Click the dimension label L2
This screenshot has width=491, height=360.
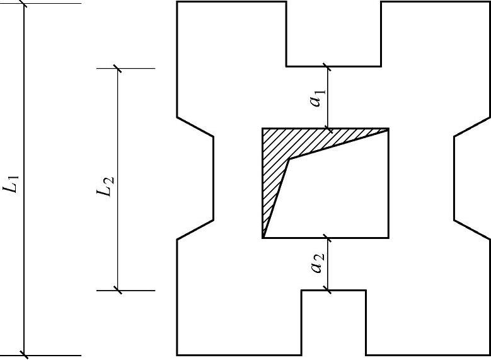(x=107, y=180)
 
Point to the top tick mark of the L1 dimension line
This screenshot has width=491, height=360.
(x=24, y=3)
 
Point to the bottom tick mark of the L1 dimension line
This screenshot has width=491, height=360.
(x=24, y=355)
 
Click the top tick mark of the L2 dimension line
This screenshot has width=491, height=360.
(x=118, y=68)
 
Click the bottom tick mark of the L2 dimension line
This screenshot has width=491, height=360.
(x=118, y=290)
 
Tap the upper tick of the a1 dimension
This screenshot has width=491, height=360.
(x=327, y=66)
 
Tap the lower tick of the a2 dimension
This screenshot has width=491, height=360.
(x=327, y=290)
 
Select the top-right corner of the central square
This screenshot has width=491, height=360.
(x=388, y=129)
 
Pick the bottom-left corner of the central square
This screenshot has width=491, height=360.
(x=263, y=238)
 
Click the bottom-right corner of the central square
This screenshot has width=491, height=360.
(x=388, y=238)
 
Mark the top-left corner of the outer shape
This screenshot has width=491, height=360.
(x=177, y=2)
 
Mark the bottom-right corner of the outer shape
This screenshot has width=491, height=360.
(x=490, y=355)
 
